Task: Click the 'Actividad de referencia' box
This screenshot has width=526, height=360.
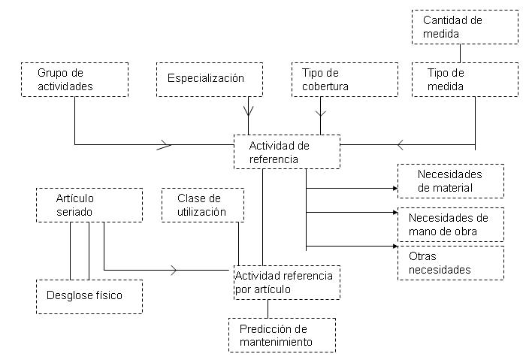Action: (286, 152)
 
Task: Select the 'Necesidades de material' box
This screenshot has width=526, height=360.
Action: (450, 181)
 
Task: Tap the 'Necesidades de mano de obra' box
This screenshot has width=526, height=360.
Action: (450, 224)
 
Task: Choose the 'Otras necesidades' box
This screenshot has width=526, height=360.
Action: (450, 262)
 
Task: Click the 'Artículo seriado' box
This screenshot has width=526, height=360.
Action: (89, 205)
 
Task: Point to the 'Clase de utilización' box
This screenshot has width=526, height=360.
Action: (203, 205)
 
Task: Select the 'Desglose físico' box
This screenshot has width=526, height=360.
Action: (89, 295)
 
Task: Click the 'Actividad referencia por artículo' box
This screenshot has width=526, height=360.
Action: (286, 283)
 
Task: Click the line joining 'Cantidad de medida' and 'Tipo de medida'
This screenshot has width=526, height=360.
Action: (461, 53)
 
